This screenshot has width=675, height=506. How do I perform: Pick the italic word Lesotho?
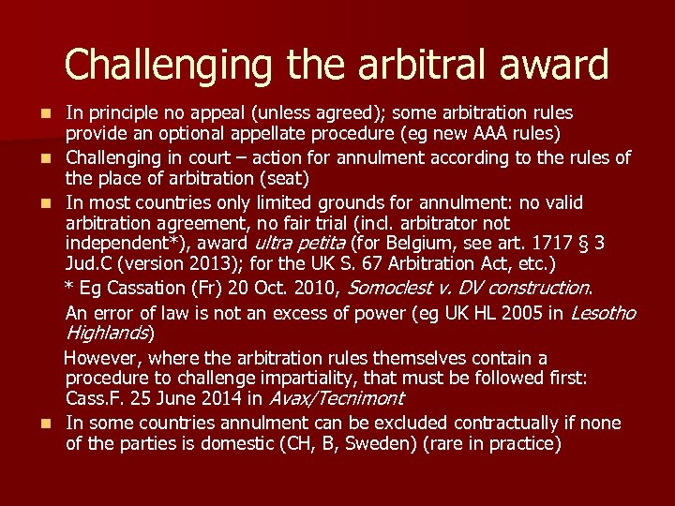[603, 313]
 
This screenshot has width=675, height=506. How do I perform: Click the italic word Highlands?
[107, 334]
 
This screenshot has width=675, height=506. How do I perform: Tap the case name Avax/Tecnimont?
[335, 398]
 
